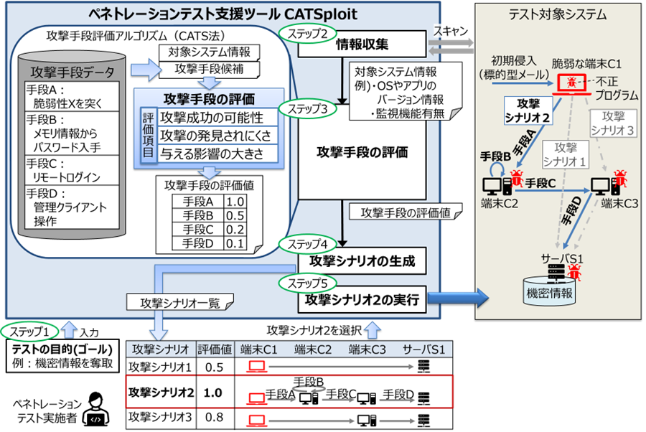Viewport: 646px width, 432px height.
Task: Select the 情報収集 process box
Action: click(x=362, y=44)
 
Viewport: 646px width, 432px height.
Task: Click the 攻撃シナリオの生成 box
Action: click(x=362, y=260)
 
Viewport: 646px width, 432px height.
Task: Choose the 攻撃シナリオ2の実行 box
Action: click(x=362, y=299)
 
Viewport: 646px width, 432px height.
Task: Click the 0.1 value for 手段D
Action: click(x=235, y=243)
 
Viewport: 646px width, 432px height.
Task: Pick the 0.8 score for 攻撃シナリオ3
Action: click(x=213, y=417)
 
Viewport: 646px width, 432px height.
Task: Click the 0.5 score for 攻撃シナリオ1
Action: click(x=213, y=367)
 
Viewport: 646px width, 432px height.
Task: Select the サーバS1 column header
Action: click(x=423, y=349)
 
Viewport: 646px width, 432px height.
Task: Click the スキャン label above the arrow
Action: click(x=451, y=30)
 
